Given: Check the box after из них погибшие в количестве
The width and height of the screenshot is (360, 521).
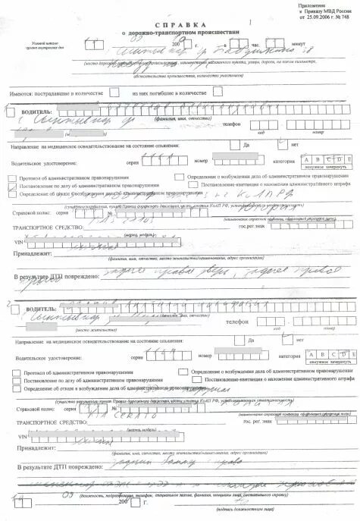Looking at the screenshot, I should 217,93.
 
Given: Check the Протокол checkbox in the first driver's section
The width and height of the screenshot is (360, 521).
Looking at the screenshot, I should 14,177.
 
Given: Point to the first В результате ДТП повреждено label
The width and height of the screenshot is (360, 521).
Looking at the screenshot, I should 58,278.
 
